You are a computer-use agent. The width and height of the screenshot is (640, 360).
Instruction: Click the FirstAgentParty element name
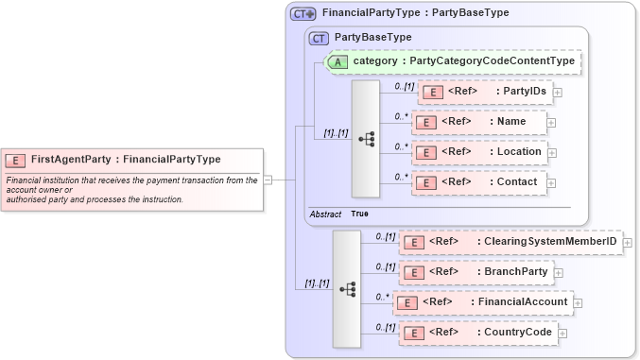click(x=126, y=160)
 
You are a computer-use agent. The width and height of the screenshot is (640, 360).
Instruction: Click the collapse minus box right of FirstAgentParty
click(x=268, y=179)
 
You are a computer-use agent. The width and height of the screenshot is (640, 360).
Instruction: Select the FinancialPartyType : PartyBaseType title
click(x=415, y=13)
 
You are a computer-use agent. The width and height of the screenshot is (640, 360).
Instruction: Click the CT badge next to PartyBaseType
click(x=319, y=38)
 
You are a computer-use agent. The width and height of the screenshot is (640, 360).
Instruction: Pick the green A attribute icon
click(x=337, y=61)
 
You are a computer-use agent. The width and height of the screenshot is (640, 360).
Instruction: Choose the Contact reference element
click(x=478, y=181)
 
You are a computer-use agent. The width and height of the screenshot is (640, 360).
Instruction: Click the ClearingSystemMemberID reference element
click(x=510, y=242)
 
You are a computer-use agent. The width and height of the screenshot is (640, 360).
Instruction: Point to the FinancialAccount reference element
click(x=483, y=302)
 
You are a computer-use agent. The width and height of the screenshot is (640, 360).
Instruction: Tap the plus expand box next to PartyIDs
click(x=558, y=93)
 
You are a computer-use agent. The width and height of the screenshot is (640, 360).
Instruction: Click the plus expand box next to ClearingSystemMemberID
click(x=628, y=243)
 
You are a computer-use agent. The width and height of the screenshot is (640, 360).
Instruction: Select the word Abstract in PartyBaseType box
click(x=325, y=214)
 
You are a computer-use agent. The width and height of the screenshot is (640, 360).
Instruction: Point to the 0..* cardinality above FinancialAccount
click(x=382, y=296)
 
